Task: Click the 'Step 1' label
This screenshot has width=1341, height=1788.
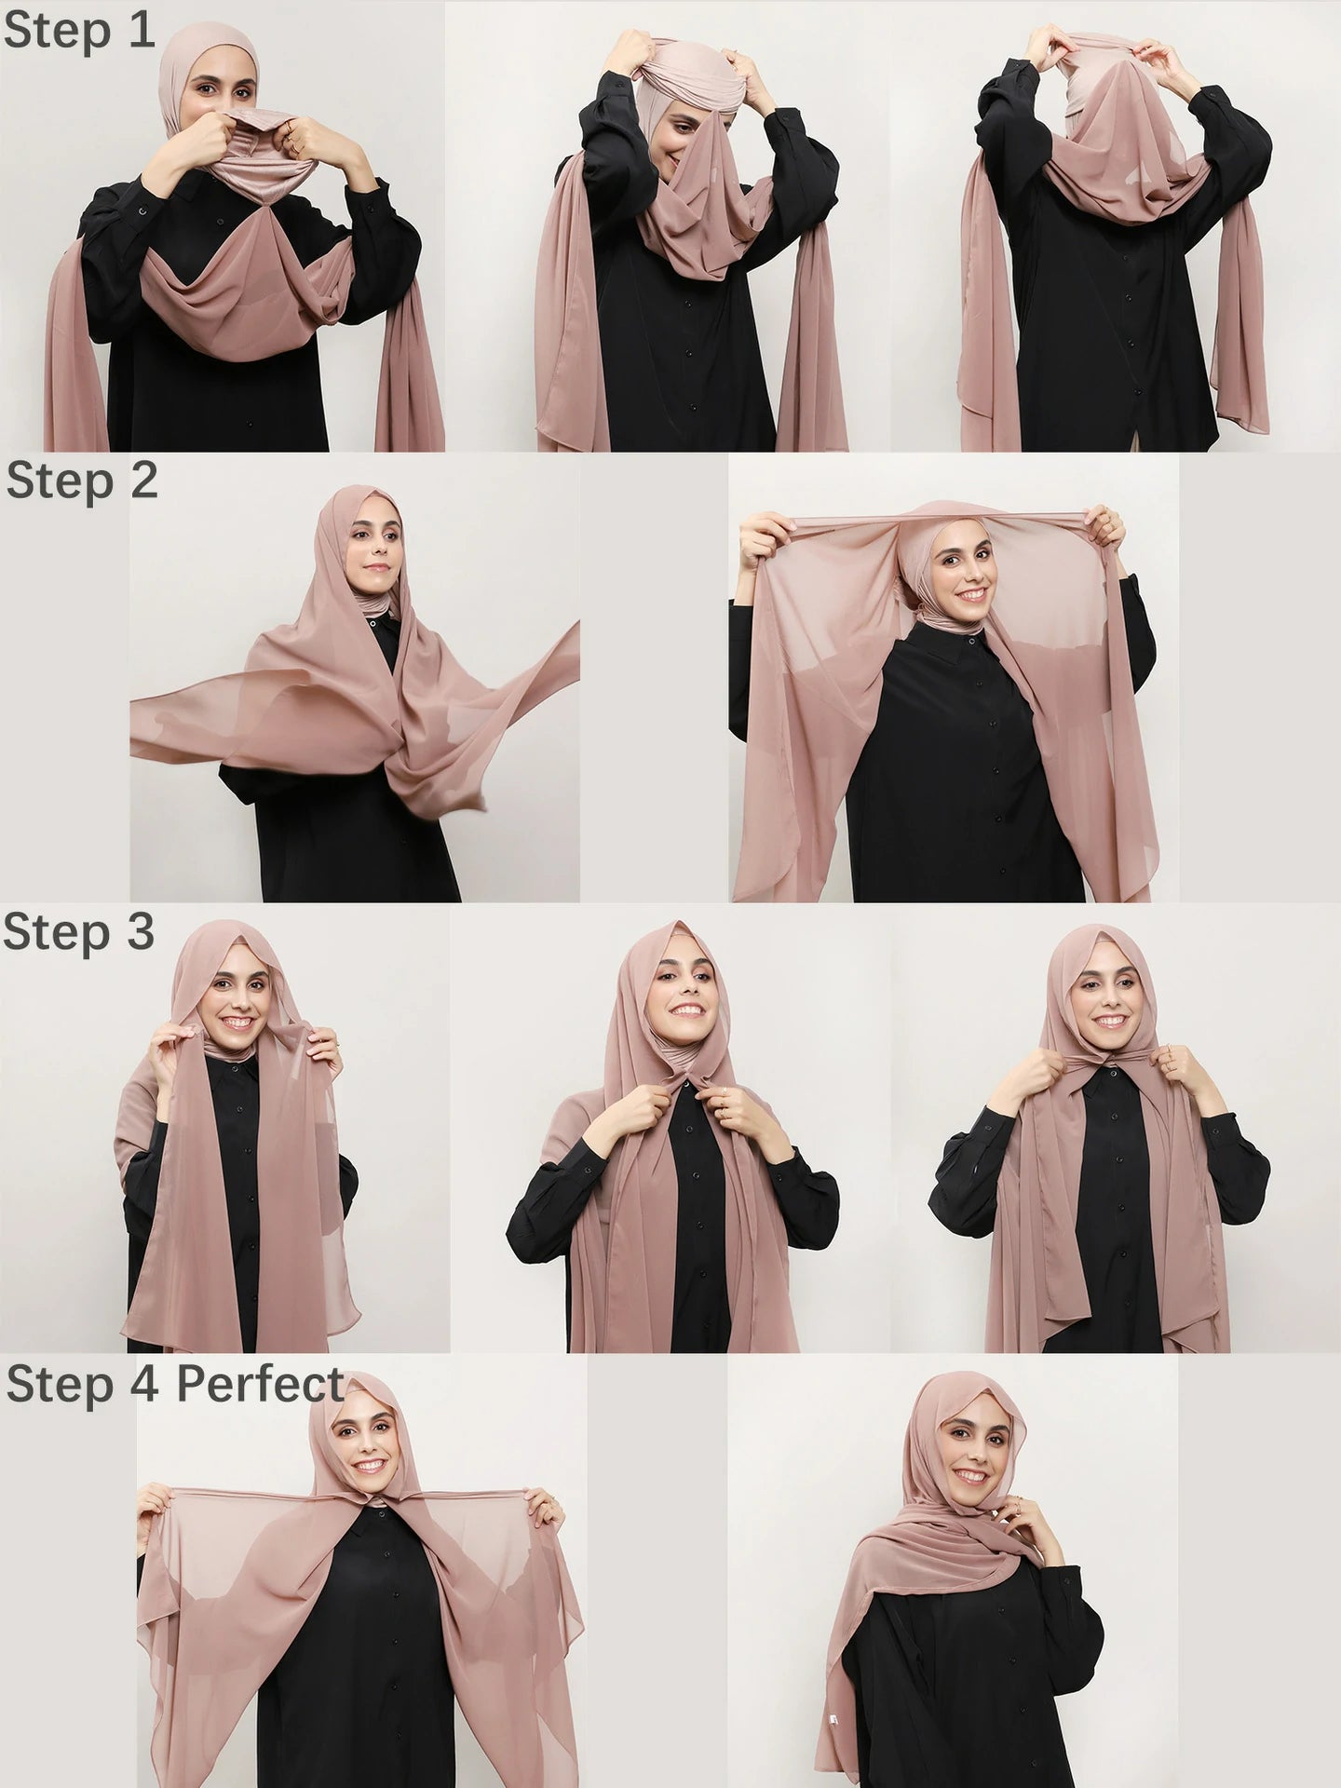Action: pyautogui.click(x=78, y=30)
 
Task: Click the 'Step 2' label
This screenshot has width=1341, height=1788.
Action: pyautogui.click(x=82, y=482)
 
